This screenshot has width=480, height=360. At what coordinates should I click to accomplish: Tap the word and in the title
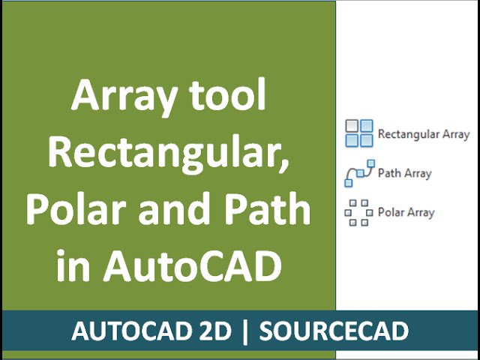point(175,210)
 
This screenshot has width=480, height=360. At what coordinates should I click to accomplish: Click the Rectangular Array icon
point(358,133)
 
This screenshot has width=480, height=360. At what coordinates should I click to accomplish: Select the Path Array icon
point(358,173)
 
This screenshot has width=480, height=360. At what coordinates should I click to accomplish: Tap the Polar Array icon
point(358,212)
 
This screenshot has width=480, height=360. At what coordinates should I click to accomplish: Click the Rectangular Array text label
point(424,134)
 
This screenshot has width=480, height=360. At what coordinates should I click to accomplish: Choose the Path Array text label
point(405,173)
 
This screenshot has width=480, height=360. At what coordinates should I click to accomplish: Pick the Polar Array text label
point(406,212)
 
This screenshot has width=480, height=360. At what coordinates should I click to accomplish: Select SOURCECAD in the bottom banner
point(334,331)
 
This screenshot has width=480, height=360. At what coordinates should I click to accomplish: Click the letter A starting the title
point(84,98)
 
